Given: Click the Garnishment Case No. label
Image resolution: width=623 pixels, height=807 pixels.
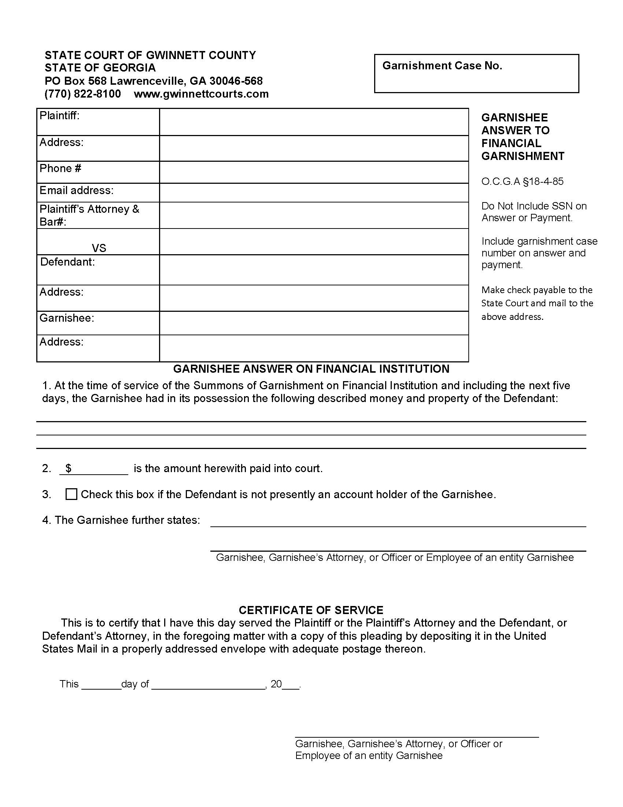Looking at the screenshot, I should pyautogui.click(x=442, y=66).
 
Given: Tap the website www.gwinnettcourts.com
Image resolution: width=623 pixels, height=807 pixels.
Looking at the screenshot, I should pyautogui.click(x=201, y=94).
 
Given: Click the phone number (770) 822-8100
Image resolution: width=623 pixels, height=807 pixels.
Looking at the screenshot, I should pyautogui.click(x=83, y=94).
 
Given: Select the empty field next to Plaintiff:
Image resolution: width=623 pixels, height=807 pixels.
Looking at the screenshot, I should pyautogui.click(x=314, y=122).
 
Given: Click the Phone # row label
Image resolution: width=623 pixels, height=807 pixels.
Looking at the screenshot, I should pyautogui.click(x=60, y=168).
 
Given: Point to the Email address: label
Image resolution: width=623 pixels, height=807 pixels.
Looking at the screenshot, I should pyautogui.click(x=76, y=190).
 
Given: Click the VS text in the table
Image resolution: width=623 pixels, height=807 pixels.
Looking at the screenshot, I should pyautogui.click(x=99, y=248).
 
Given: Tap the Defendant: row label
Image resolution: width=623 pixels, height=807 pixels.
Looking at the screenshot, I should pyautogui.click(x=67, y=262).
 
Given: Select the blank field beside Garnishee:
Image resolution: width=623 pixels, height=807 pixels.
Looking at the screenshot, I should pyautogui.click(x=314, y=323).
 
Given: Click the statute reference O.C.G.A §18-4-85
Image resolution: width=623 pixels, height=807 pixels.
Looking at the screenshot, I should pyautogui.click(x=522, y=182).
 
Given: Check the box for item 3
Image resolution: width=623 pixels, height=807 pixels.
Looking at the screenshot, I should pyautogui.click(x=71, y=494).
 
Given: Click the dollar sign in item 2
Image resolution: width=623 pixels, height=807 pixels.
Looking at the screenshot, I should pyautogui.click(x=68, y=468).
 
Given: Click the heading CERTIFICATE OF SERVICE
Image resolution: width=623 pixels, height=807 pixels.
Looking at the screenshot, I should pyautogui.click(x=311, y=610).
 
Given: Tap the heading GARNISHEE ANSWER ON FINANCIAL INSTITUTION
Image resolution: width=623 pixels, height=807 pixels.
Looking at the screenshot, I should pyautogui.click(x=311, y=369).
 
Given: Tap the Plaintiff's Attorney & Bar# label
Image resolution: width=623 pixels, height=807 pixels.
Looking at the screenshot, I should pyautogui.click(x=89, y=215).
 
